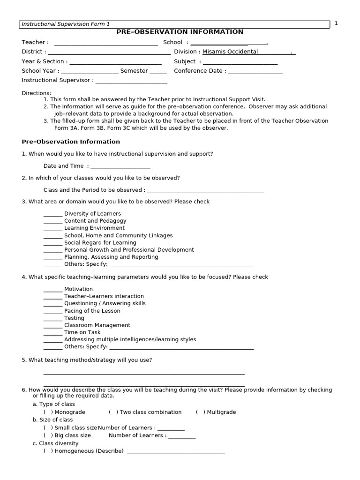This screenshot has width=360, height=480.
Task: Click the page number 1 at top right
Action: click(336, 23)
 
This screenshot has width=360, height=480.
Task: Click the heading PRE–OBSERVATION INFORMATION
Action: click(180, 32)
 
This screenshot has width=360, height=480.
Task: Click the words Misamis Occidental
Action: click(230, 52)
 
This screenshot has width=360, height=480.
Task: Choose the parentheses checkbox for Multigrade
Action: click(201, 412)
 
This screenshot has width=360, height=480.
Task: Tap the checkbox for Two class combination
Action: click(113, 412)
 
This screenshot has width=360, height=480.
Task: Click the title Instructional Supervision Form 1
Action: click(66, 24)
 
